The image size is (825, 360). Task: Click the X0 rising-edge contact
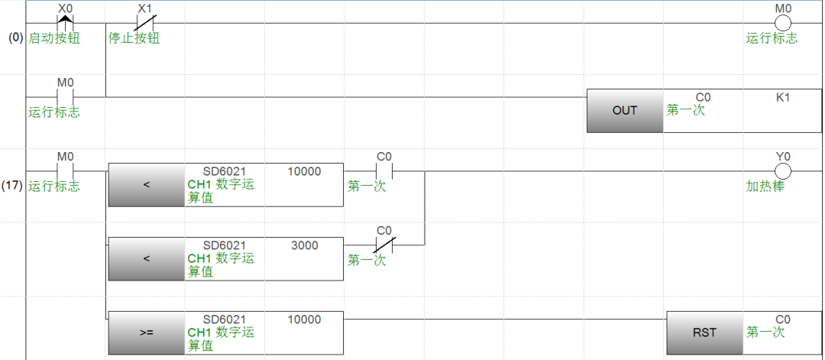point(65,23)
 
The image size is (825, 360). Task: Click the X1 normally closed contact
point(144,23)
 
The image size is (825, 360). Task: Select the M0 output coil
point(782,23)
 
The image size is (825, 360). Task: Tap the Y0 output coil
point(782,170)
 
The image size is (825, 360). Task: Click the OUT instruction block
point(624,110)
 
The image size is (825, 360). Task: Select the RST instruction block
point(704,332)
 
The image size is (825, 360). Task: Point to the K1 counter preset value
point(782,98)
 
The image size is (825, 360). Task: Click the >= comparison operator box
point(146,332)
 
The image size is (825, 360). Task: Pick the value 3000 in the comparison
point(305,245)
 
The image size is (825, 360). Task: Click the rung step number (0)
point(15,37)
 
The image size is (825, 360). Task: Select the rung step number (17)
point(15,186)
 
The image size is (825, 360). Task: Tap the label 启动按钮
point(54,37)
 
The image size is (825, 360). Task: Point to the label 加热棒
point(765,186)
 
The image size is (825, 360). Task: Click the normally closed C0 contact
point(383,245)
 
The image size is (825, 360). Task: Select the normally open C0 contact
point(383,170)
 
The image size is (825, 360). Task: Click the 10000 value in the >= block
point(304,319)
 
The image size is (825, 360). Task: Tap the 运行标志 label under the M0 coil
point(772,37)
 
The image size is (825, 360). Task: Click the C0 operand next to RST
point(782,319)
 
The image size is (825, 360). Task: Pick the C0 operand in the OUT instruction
point(703,98)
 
